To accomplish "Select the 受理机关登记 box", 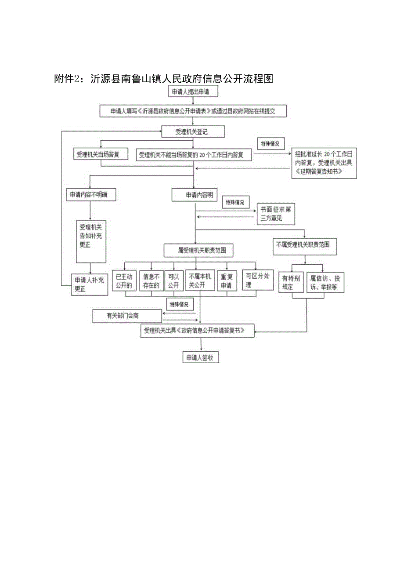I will [193, 131].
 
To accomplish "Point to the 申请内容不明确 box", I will [92, 195].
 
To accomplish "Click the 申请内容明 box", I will [195, 195].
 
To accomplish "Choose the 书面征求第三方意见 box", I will [275, 214].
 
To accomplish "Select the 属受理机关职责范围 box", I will [198, 251].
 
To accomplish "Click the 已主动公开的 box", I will [123, 281].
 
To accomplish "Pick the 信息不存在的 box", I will [151, 281].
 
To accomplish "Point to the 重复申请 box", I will [227, 281].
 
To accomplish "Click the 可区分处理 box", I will [258, 280].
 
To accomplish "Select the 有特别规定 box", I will [291, 282].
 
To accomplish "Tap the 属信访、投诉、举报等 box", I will [325, 282].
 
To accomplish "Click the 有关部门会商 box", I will [127, 316].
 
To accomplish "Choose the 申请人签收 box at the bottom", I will [200, 357].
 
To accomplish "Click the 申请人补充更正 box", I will [89, 284].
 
